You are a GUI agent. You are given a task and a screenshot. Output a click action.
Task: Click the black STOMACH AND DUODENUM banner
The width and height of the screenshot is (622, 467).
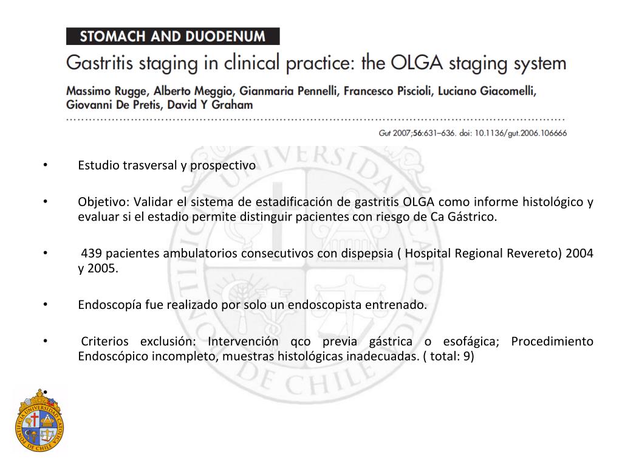173,36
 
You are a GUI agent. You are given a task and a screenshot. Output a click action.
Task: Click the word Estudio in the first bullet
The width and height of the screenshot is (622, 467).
96,165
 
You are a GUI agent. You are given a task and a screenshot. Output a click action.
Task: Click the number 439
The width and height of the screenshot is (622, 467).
91,254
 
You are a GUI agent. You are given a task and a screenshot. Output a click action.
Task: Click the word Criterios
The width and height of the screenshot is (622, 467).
104,342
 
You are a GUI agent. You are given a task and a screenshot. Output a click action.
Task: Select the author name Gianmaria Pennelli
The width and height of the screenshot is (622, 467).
290,91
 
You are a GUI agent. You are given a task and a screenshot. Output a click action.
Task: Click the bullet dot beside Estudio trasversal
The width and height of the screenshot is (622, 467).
45,165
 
